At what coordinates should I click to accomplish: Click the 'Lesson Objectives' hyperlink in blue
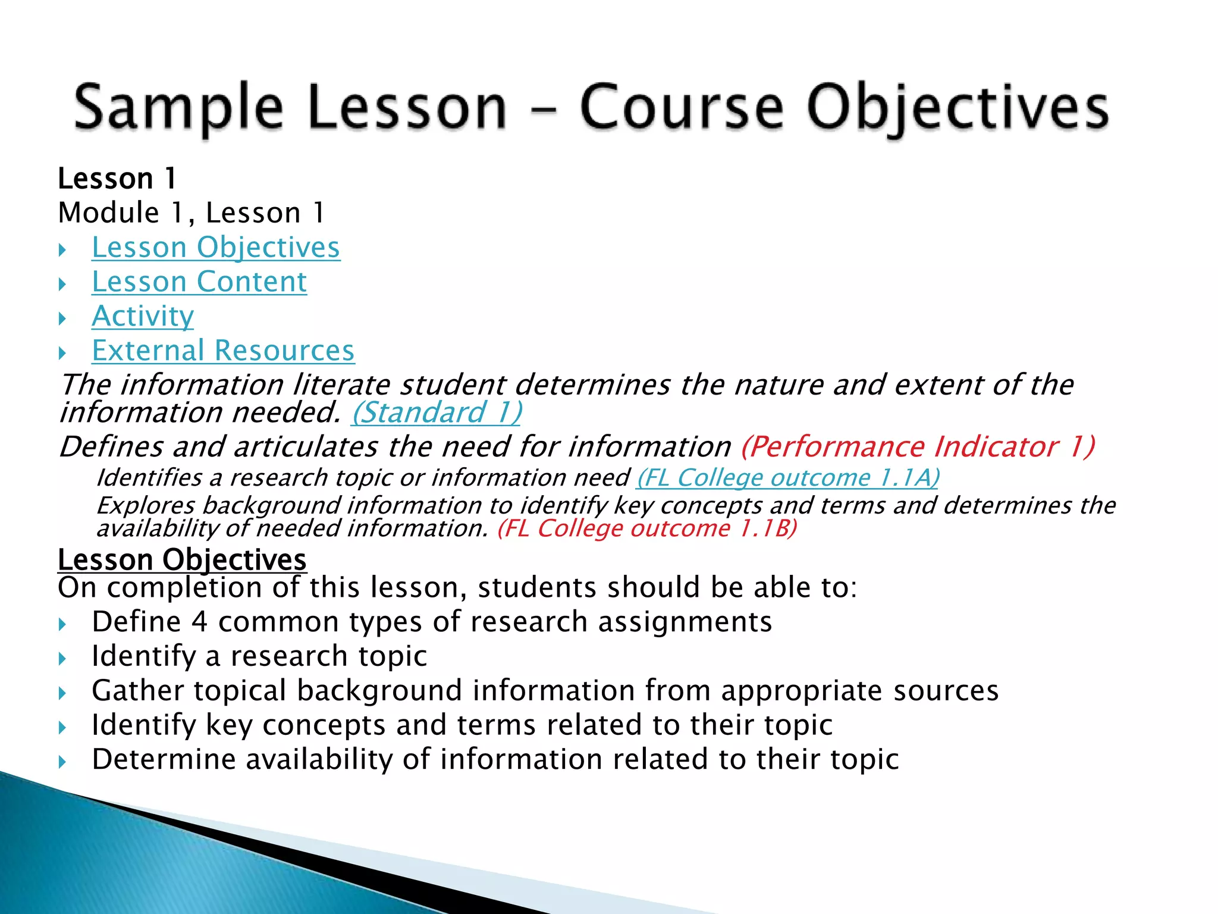pyautogui.click(x=215, y=248)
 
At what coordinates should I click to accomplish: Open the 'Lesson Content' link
pyautogui.click(x=199, y=282)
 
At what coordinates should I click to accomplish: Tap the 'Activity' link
pyautogui.click(x=143, y=316)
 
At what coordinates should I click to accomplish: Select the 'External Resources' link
pyautogui.click(x=223, y=350)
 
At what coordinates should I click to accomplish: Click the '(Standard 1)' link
pyautogui.click(x=437, y=413)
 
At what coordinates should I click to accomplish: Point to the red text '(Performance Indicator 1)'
pyautogui.click(x=918, y=447)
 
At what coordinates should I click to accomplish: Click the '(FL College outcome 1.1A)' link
pyautogui.click(x=787, y=478)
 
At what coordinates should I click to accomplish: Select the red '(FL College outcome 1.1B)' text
pyautogui.click(x=647, y=528)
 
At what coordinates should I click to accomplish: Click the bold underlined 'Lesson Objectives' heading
pyautogui.click(x=182, y=560)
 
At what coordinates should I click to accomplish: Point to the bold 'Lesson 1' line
pyautogui.click(x=117, y=179)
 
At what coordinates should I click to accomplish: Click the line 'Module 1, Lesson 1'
pyautogui.click(x=192, y=213)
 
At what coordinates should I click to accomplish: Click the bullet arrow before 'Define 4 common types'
pyautogui.click(x=62, y=624)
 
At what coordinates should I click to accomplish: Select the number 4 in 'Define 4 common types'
pyautogui.click(x=199, y=622)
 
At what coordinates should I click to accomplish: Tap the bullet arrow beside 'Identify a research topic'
pyautogui.click(x=62, y=659)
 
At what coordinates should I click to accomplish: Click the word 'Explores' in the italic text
pyautogui.click(x=145, y=506)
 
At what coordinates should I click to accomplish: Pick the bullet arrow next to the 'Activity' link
pyautogui.click(x=62, y=318)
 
